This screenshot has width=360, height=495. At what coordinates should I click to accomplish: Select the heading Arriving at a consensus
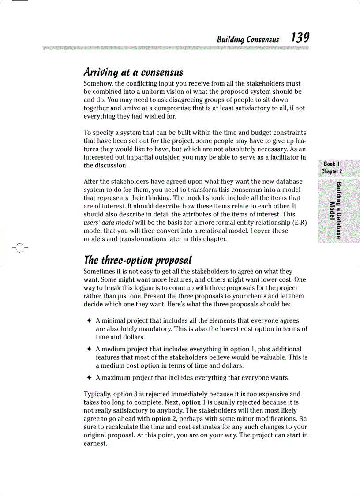(x=133, y=72)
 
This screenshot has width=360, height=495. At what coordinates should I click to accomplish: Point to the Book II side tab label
(x=331, y=164)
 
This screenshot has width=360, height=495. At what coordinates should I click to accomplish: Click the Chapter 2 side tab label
(x=331, y=171)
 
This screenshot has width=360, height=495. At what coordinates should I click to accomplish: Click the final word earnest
(x=95, y=443)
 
